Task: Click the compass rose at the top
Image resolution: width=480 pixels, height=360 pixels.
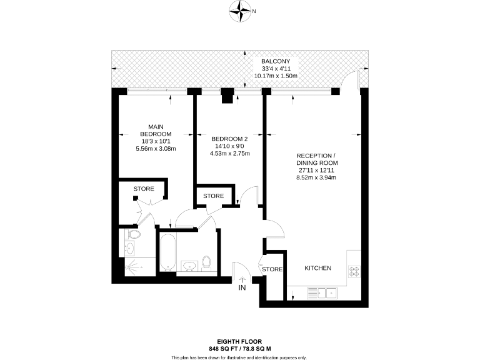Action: tap(239, 10)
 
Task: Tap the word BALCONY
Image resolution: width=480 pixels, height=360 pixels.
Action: tap(275, 61)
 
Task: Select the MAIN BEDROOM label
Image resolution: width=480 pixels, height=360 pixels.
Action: tap(156, 129)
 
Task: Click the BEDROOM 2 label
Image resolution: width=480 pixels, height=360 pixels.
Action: tap(230, 139)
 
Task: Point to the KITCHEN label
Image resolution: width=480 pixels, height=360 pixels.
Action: tap(317, 268)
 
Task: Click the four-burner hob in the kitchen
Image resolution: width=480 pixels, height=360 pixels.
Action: tap(354, 271)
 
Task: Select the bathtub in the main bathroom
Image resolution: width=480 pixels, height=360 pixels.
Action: tap(167, 253)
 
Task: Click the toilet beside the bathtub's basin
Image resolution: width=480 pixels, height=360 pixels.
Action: tap(208, 263)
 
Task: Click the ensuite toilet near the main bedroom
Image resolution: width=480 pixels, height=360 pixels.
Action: tap(132, 234)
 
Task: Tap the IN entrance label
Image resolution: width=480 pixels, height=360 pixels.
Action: tap(241, 288)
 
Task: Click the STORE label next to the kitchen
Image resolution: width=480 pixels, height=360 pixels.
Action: tap(272, 269)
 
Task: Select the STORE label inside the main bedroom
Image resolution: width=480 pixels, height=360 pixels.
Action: tap(144, 189)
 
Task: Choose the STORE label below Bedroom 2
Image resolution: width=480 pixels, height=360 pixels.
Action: tap(214, 196)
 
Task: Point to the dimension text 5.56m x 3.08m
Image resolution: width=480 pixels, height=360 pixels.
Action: tap(156, 149)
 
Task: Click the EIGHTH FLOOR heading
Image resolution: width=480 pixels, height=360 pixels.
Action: tap(239, 341)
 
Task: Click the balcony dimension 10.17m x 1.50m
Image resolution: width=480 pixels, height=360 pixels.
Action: tap(275, 76)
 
